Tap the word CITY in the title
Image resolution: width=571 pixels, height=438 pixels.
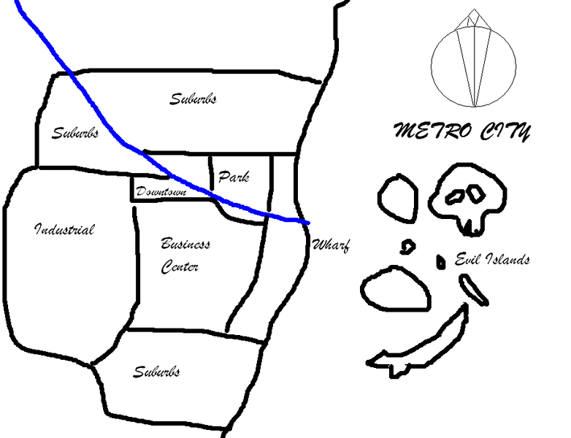505,131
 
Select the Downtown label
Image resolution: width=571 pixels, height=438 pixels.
161,191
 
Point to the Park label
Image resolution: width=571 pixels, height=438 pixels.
234,177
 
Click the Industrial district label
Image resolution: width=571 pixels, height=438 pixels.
64,229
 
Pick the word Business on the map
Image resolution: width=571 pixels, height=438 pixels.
185,243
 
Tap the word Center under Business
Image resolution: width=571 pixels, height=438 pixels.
180,266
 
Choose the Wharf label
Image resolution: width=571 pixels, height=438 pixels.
331,245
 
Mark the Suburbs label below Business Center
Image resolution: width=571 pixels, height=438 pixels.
156,372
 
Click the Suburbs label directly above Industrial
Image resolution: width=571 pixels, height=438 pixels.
75,133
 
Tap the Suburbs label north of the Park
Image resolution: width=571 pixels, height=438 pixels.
193,99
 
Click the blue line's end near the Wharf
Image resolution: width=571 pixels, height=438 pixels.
308,223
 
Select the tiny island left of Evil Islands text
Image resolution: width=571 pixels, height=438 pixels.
440,262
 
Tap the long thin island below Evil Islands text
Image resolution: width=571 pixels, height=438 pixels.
473,290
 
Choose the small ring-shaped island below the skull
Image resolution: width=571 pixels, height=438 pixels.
407,247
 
